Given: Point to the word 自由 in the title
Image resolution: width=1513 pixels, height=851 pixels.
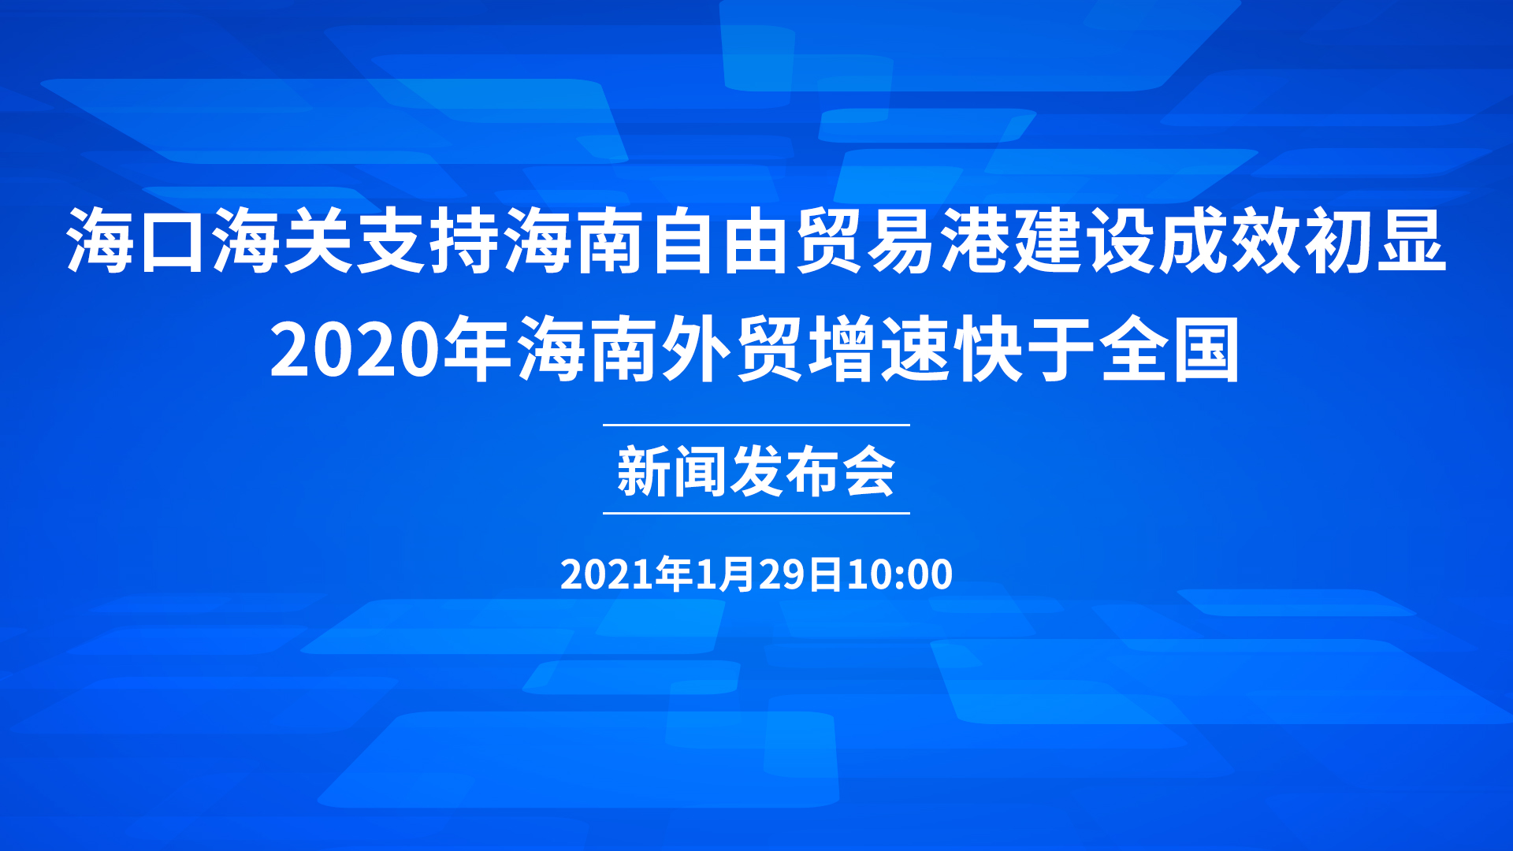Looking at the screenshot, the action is point(719,240).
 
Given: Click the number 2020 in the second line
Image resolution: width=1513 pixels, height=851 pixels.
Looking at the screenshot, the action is point(354,351).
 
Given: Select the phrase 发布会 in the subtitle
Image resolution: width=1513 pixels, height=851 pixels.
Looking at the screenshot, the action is point(812,471).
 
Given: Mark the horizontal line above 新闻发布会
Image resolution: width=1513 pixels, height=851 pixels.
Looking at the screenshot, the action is point(756,425).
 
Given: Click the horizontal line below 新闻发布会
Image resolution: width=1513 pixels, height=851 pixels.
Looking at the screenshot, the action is point(756,513).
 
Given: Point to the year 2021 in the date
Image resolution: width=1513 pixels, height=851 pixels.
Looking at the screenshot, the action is point(607,574).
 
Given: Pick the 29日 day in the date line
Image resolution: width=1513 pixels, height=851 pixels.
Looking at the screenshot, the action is point(801,574).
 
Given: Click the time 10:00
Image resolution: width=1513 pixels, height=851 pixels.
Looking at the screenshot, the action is point(899,574).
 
